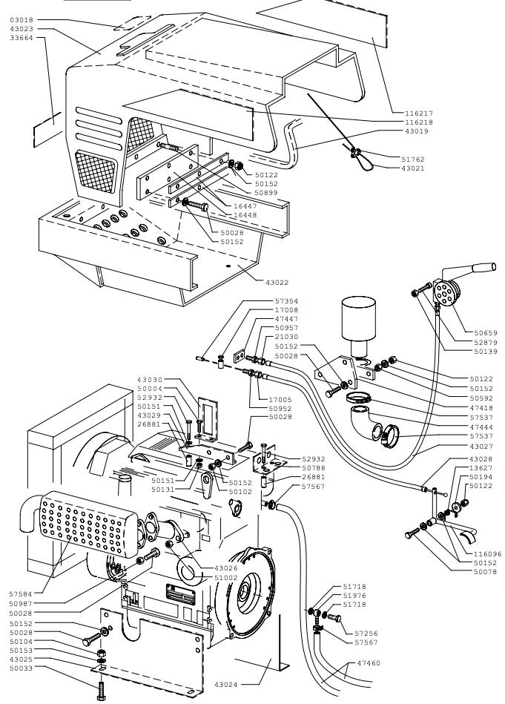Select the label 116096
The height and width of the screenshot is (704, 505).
point(487,553)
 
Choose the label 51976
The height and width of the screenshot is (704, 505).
point(354,595)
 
